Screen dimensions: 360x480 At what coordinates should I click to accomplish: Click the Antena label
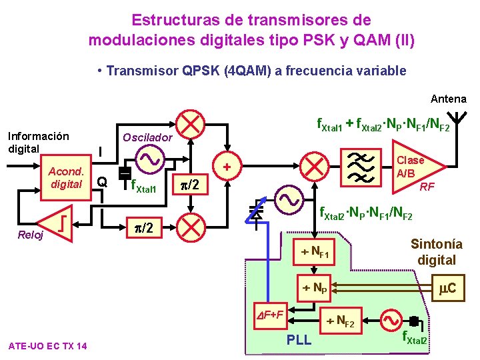448,99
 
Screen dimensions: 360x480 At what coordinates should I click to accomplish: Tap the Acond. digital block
65,178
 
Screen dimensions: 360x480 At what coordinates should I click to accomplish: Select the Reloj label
31,235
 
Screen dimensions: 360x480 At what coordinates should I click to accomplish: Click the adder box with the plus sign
227,166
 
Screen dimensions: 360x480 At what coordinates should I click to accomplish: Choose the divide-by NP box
316,288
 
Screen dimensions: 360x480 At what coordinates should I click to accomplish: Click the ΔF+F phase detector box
271,314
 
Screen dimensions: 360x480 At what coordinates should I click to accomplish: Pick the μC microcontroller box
447,288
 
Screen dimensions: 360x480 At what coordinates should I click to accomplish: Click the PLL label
299,341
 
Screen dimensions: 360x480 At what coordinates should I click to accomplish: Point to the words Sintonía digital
436,252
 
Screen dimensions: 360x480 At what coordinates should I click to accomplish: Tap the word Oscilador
147,137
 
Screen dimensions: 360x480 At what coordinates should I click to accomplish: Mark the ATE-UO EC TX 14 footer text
47,345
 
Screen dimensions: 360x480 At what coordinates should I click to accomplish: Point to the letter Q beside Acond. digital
101,181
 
